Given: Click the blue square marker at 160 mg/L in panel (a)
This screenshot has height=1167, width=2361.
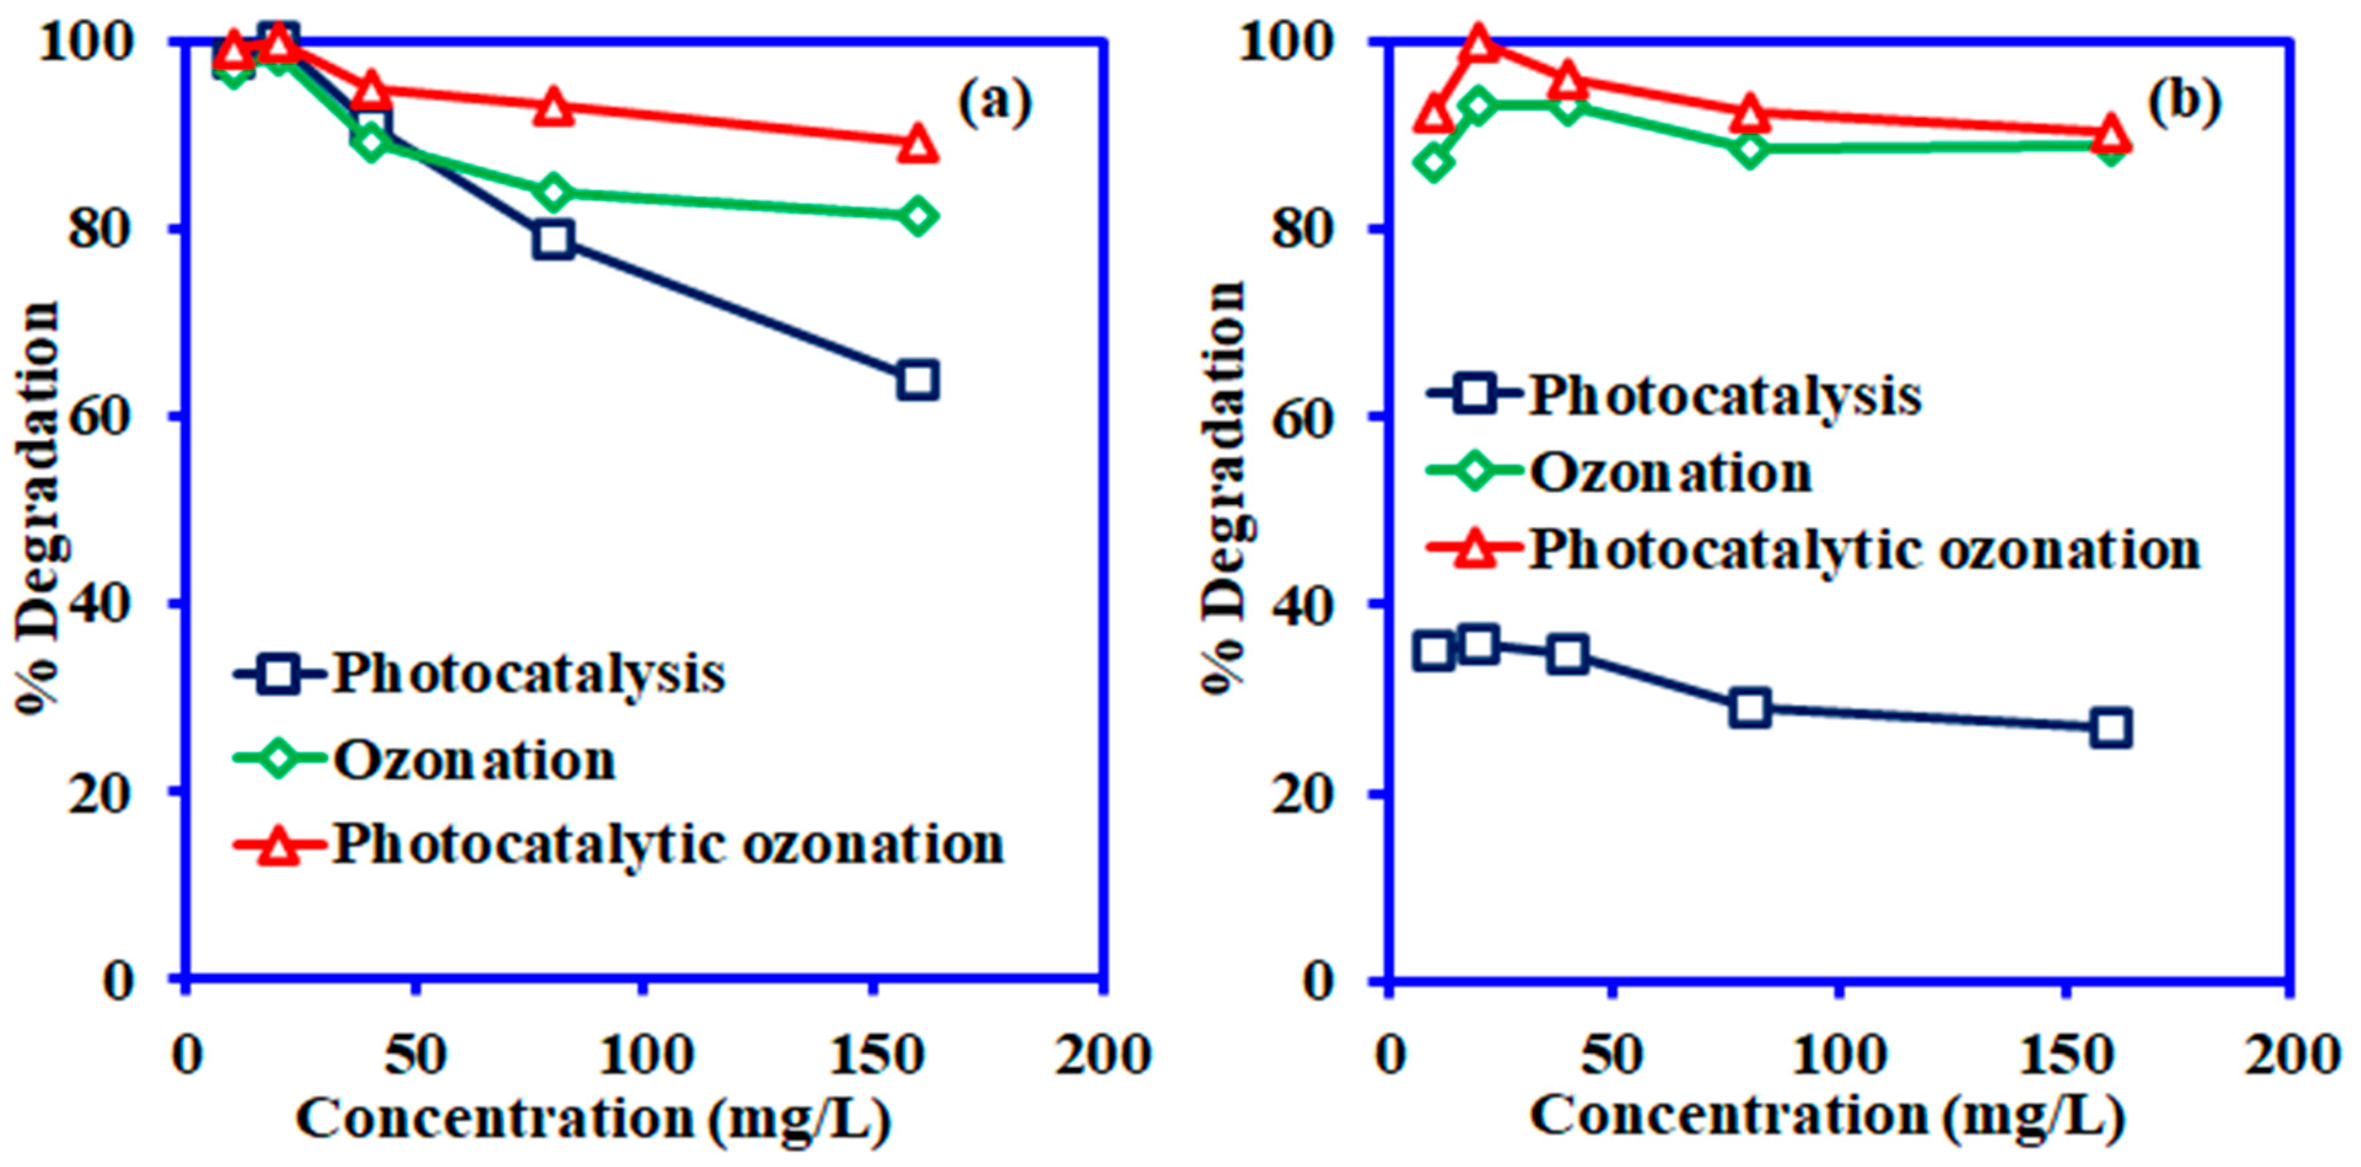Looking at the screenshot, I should coord(918,379).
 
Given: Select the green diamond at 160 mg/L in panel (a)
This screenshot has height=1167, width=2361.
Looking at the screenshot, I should coord(918,216).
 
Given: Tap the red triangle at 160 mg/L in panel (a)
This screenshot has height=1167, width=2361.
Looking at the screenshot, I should coord(918,144).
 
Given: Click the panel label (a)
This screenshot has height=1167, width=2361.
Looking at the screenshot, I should coord(994,103).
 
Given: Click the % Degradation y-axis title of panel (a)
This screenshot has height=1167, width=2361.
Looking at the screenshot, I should coord(39,509).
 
